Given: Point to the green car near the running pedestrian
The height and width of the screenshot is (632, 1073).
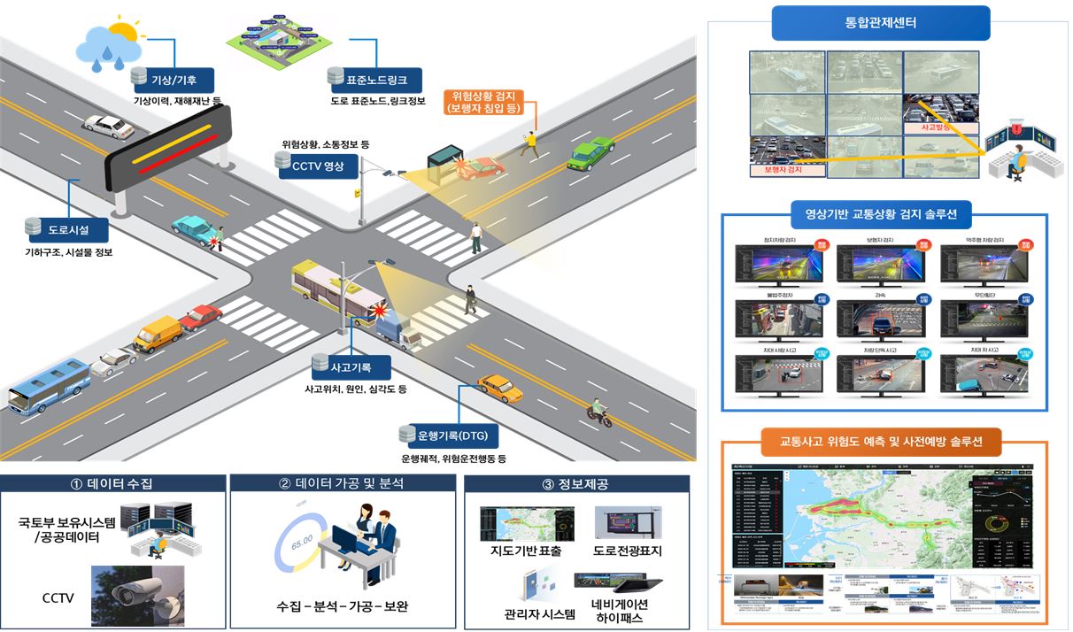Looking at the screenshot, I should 591,152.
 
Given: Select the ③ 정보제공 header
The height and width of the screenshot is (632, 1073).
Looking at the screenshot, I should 576,485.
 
